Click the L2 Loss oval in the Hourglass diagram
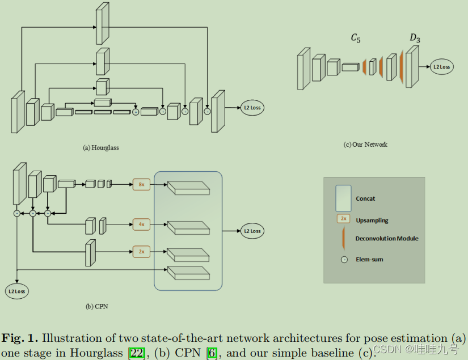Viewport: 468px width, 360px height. pyautogui.click(x=252, y=107)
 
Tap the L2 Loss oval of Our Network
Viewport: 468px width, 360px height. pyautogui.click(x=441, y=67)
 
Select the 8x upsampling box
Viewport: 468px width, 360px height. pyautogui.click(x=142, y=184)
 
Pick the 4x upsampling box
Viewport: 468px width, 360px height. pyautogui.click(x=142, y=225)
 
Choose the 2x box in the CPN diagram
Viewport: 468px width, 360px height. pyautogui.click(x=142, y=251)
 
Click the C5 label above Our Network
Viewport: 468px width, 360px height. pyautogui.click(x=356, y=39)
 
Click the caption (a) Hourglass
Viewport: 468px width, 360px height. pyautogui.click(x=101, y=147)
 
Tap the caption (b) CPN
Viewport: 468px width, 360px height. pyautogui.click(x=96, y=307)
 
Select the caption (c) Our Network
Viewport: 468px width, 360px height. pyautogui.click(x=365, y=145)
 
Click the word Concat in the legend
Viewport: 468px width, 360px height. pyautogui.click(x=365, y=199)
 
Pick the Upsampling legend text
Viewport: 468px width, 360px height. pyautogui.click(x=372, y=220)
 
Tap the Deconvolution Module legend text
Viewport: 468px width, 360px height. pyautogui.click(x=387, y=239)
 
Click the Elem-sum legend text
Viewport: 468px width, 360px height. pyautogui.click(x=369, y=260)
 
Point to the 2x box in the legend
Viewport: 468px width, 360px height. pyautogui.click(x=343, y=219)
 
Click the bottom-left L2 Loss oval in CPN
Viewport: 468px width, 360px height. pyautogui.click(x=18, y=291)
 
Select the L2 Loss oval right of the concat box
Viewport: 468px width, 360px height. pyautogui.click(x=252, y=231)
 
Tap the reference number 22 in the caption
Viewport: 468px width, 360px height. pyautogui.click(x=137, y=352)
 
